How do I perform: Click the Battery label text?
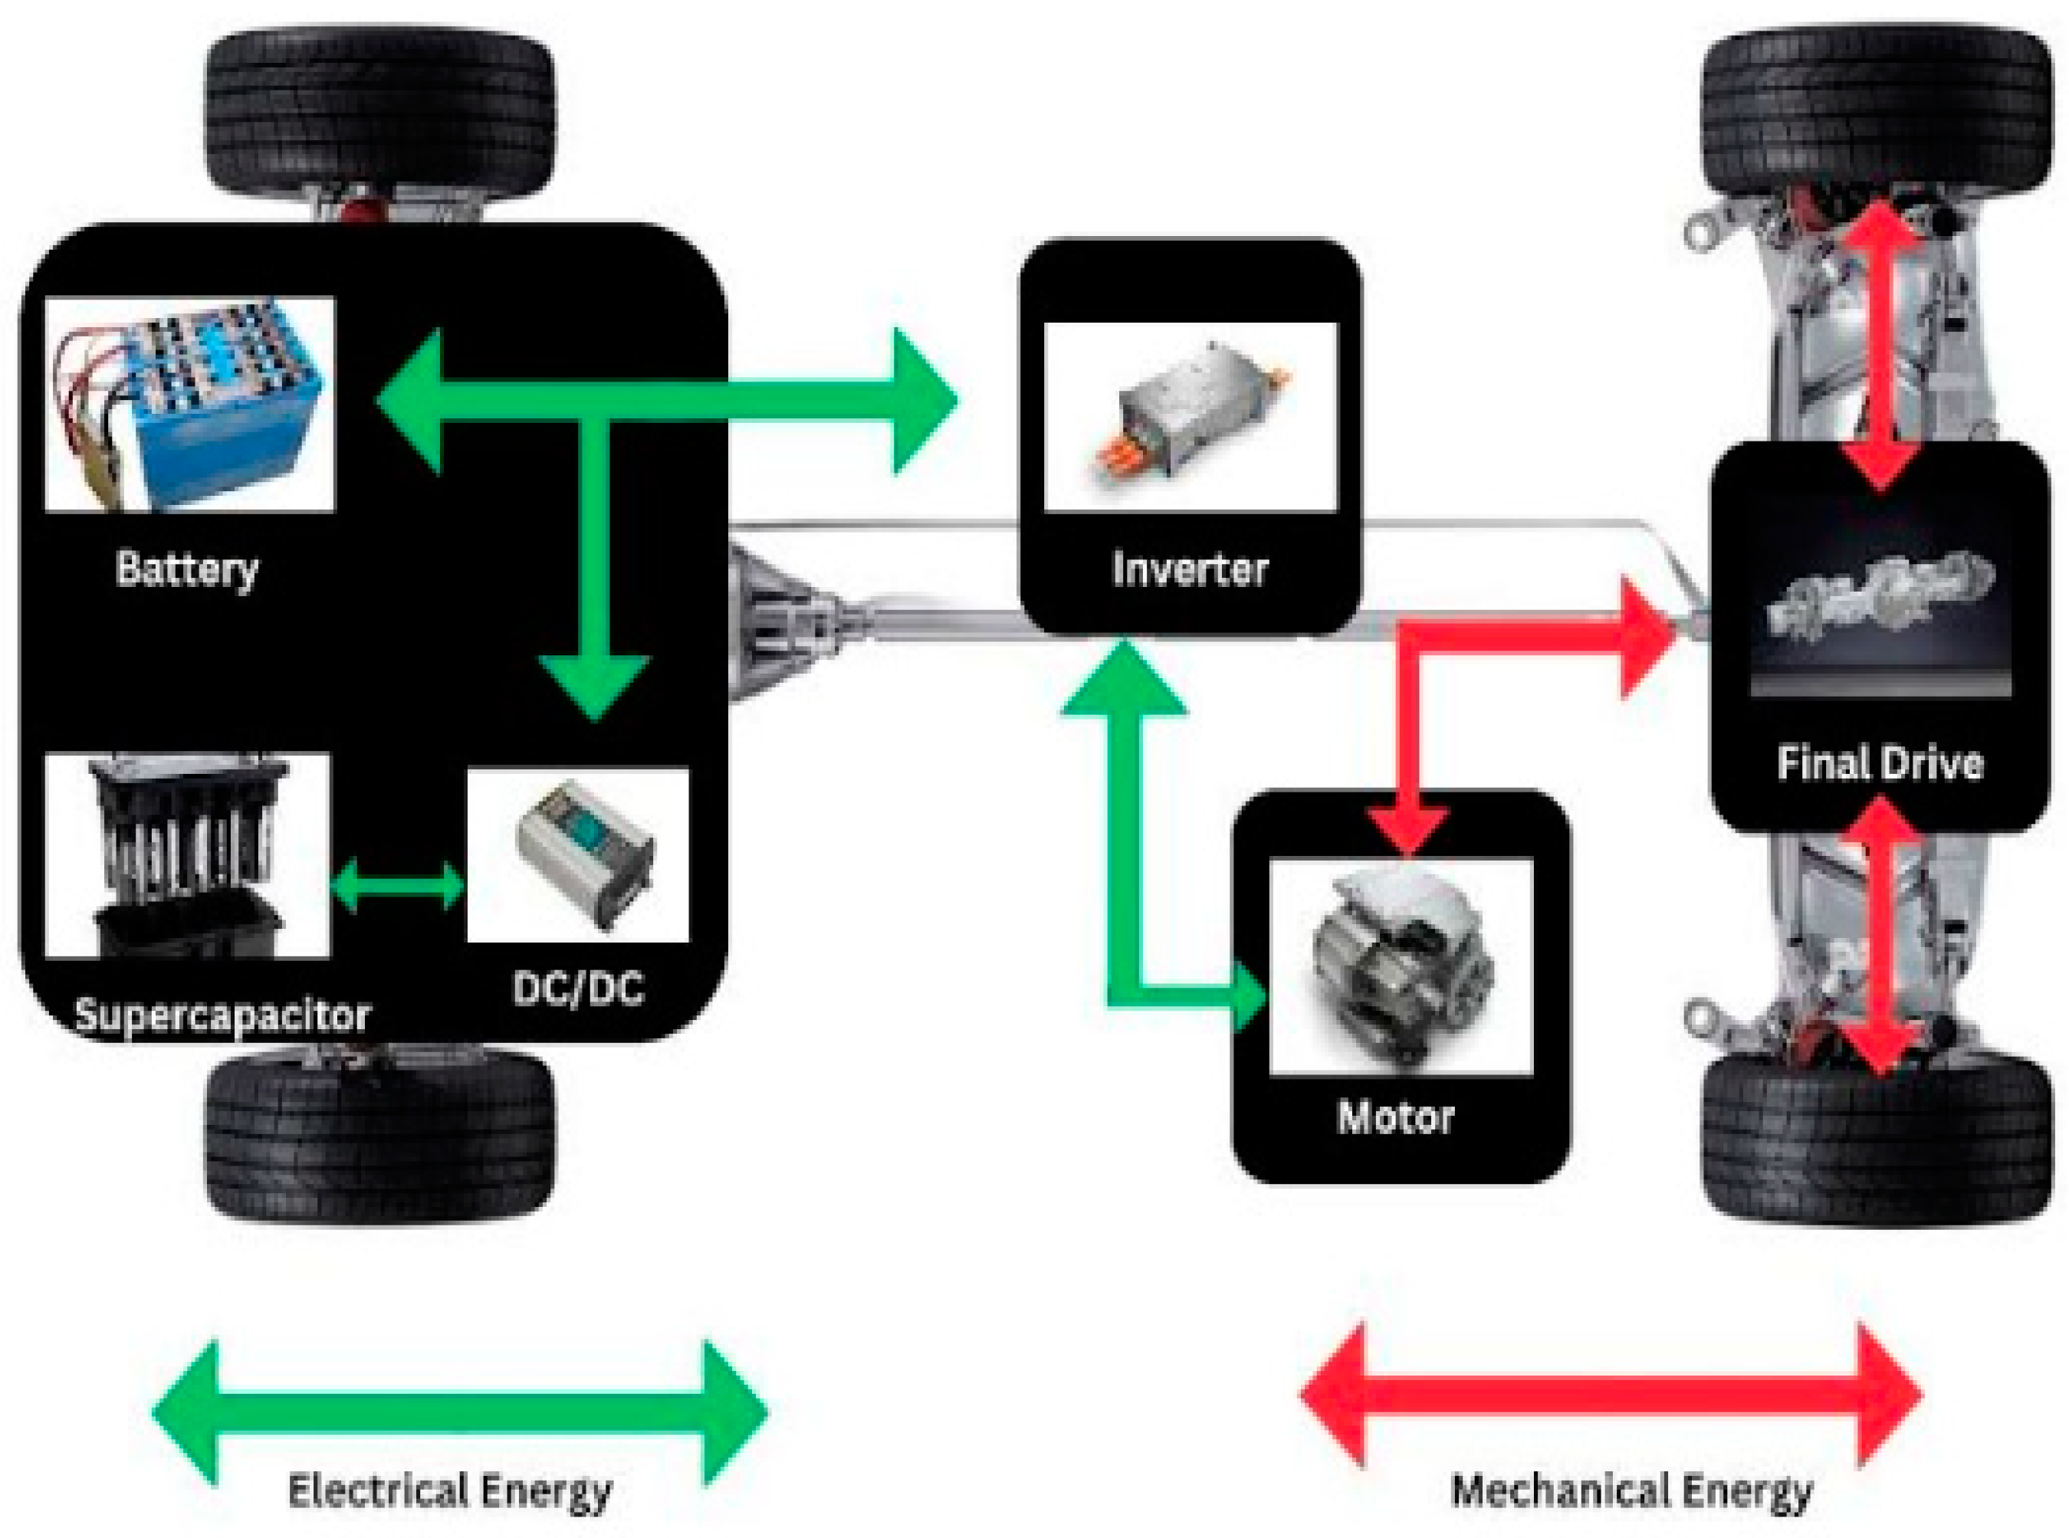(186, 569)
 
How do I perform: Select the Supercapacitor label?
(222, 1014)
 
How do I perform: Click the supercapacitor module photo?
(186, 854)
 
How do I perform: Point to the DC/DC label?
(577, 988)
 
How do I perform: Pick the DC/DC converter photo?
(577, 854)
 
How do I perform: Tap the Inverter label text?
(1189, 569)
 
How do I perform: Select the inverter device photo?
(1189, 416)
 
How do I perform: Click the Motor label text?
(1395, 1117)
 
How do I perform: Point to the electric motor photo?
(1400, 966)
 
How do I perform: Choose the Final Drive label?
(1879, 763)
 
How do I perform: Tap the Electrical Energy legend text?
(450, 1490)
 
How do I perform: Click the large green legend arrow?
(459, 1412)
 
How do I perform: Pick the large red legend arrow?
(1610, 1395)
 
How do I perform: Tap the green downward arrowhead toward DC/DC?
(594, 684)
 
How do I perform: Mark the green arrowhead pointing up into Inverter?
(1124, 680)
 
